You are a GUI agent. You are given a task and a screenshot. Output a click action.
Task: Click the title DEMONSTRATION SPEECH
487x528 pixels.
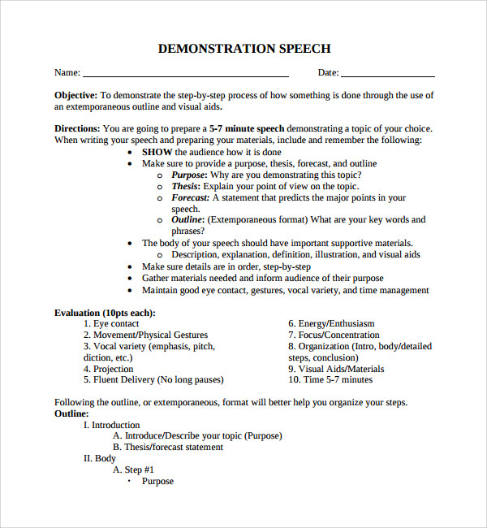pyautogui.click(x=243, y=49)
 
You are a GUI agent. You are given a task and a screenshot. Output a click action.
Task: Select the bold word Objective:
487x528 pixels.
pyautogui.click(x=76, y=95)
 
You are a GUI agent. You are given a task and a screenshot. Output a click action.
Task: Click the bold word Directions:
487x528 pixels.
pyautogui.click(x=78, y=128)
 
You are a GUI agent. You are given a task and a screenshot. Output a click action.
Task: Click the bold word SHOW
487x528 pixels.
pyautogui.click(x=157, y=152)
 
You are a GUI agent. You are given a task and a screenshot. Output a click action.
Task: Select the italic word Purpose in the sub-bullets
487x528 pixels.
pyautogui.click(x=188, y=175)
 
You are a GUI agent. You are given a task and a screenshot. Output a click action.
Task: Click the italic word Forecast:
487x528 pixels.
pyautogui.click(x=191, y=197)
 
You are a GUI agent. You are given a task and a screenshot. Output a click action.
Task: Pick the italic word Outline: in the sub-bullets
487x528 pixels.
pyautogui.click(x=188, y=220)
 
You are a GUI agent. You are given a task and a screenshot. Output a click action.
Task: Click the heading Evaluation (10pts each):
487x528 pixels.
pyautogui.click(x=105, y=313)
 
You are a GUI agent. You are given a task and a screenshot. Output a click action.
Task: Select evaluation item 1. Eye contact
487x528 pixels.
pyautogui.click(x=111, y=324)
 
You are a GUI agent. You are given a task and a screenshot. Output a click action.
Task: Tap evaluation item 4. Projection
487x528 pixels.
pyautogui.click(x=108, y=369)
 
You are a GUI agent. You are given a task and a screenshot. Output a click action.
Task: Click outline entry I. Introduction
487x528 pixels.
pyautogui.click(x=112, y=425)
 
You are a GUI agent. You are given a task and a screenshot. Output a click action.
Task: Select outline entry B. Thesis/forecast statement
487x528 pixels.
pyautogui.click(x=168, y=447)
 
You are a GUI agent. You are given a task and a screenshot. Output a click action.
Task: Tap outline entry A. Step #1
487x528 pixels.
pyautogui.click(x=133, y=470)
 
